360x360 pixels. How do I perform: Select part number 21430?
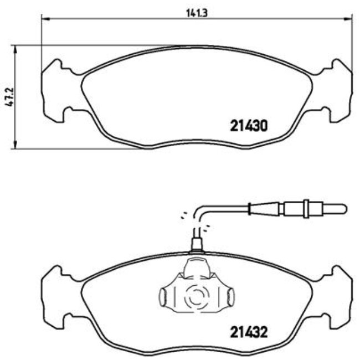(x=249, y=126)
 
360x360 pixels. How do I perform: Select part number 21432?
(x=249, y=333)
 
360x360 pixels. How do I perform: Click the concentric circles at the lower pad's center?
(x=195, y=297)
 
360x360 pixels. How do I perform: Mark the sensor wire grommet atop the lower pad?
(x=196, y=244)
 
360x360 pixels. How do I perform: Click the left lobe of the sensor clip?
(x=166, y=297)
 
